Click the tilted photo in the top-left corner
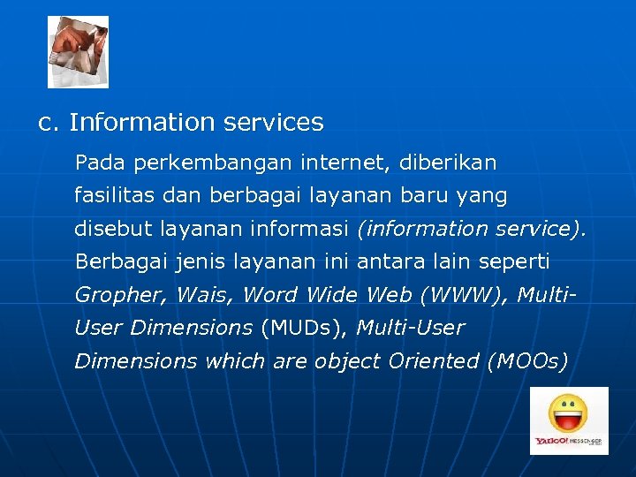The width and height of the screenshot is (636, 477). pyautogui.click(x=78, y=51)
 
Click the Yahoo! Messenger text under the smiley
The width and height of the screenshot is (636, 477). pyautogui.click(x=568, y=441)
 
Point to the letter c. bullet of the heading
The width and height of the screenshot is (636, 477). pyautogui.click(x=49, y=122)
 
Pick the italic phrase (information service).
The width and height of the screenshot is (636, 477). pyautogui.click(x=471, y=229)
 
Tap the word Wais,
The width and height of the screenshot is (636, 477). pyautogui.click(x=206, y=295)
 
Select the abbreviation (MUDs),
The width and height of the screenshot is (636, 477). pyautogui.click(x=305, y=328)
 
